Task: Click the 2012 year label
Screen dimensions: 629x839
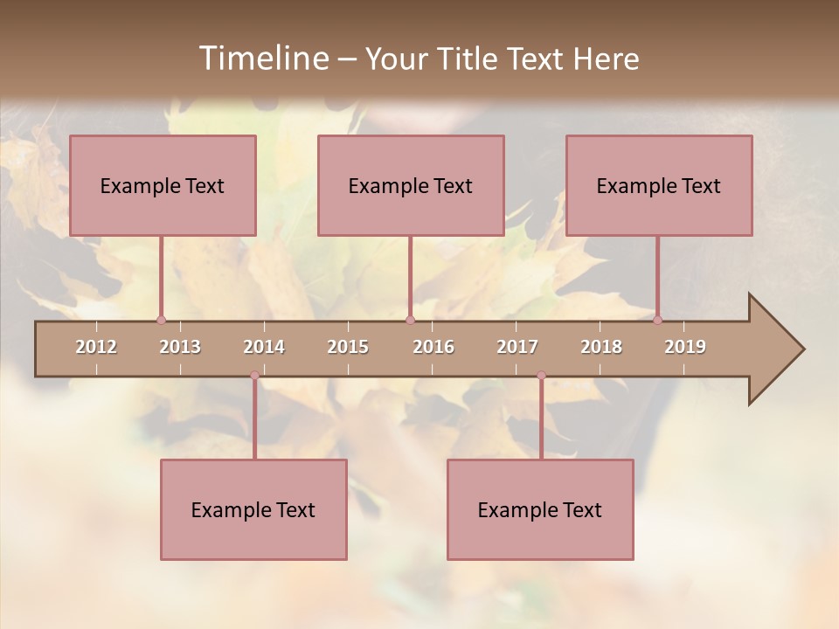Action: (96, 347)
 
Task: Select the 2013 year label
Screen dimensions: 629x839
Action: (180, 347)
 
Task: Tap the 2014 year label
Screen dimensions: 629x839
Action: (264, 347)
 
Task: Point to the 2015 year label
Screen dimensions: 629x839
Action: (348, 347)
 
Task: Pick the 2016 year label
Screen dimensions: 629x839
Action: (433, 347)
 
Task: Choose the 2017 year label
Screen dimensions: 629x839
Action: (517, 347)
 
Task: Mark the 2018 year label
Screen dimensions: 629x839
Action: (601, 347)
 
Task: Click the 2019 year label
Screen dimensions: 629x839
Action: (685, 347)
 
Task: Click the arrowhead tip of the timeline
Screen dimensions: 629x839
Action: (801, 349)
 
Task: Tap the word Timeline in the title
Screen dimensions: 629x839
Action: (262, 59)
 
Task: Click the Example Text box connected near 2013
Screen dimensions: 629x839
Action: (163, 185)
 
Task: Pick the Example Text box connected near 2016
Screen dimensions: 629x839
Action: (411, 185)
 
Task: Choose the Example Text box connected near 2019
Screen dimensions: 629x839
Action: (659, 185)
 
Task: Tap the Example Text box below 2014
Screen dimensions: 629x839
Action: (253, 509)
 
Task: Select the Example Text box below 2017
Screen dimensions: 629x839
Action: (540, 509)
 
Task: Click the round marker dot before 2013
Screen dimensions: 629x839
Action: (161, 320)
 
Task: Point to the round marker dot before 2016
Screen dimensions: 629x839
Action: (410, 320)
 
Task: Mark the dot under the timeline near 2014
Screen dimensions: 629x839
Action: (254, 376)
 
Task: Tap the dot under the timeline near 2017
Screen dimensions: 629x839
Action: (541, 376)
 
